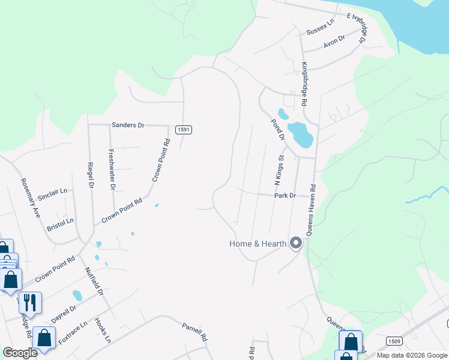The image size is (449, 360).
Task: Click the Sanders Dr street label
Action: click(128, 125)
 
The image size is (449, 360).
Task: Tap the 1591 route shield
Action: click(184, 130)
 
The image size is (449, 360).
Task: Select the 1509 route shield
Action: click(394, 341)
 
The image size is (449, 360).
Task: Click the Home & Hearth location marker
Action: click(295, 243)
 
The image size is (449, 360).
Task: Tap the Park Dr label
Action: click(285, 196)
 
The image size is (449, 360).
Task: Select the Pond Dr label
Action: click(277, 130)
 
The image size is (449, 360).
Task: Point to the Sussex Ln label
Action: click(319, 28)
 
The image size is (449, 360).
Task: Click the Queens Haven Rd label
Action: click(312, 208)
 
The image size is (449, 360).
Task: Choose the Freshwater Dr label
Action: click(112, 169)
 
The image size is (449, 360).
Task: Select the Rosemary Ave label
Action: click(30, 197)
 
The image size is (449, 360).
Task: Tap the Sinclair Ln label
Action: click(53, 193)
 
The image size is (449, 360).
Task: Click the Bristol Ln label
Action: click(60, 225)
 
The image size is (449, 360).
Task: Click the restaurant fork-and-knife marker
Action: click(30, 302)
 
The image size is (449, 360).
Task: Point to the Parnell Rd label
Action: click(194, 329)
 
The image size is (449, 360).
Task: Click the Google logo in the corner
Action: click(20, 353)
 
